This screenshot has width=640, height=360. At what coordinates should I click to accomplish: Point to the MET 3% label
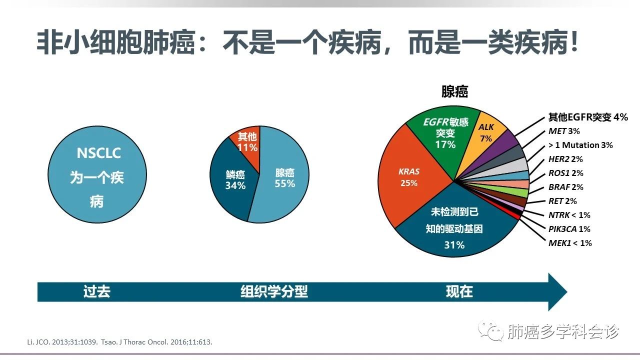tap(564, 131)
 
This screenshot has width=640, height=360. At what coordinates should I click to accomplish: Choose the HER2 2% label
tap(565, 159)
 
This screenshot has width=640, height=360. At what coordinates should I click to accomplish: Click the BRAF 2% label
tap(565, 187)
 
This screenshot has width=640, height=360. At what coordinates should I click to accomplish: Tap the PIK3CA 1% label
tap(569, 229)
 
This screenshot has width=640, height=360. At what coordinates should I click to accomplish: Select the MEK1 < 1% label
tap(570, 243)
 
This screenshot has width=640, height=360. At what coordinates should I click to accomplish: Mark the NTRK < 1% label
tap(569, 215)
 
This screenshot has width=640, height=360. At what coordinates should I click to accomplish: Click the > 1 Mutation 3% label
tap(580, 145)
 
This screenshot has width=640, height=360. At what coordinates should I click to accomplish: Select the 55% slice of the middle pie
tap(283, 177)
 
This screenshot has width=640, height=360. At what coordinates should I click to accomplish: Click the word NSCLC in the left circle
tap(98, 153)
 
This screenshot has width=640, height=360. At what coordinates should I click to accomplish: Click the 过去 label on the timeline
tap(97, 291)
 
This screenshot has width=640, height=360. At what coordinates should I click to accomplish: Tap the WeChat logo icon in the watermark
tap(491, 331)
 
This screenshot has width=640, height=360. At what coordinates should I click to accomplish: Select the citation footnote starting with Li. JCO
tap(119, 342)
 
